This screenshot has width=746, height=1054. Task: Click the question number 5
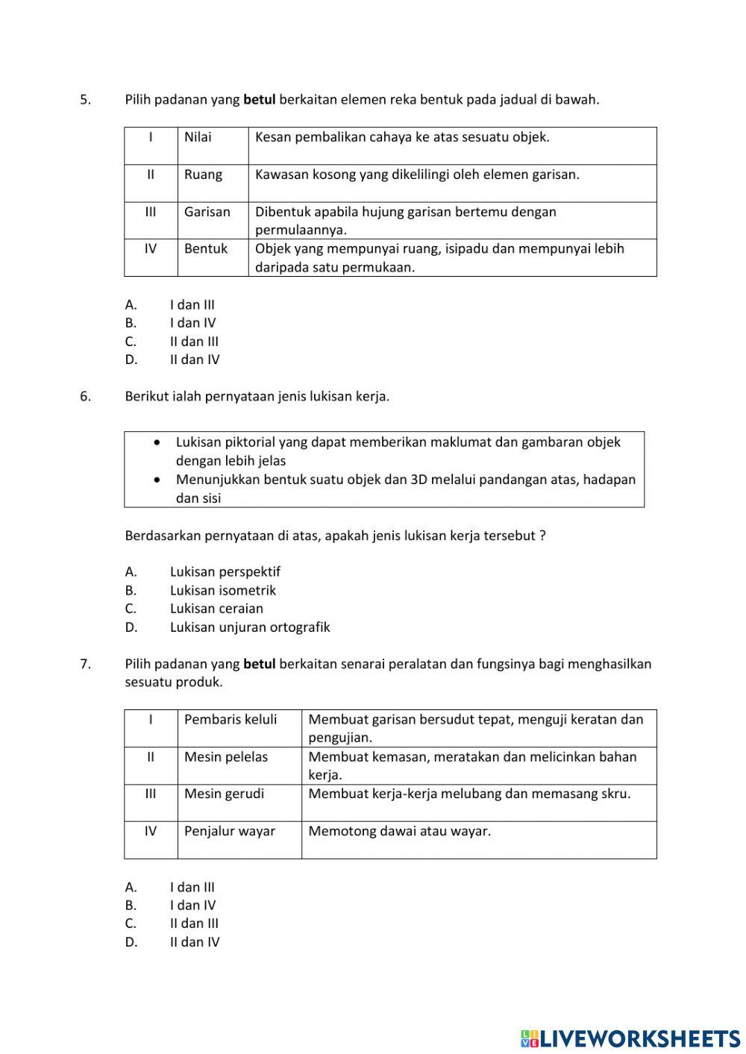click(85, 99)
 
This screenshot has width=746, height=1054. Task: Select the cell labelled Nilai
click(198, 137)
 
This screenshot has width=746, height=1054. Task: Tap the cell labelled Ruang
click(203, 175)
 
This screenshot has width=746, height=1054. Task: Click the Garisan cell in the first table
click(207, 212)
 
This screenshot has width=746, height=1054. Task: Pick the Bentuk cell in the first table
click(206, 249)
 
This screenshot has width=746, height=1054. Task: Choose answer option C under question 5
click(193, 342)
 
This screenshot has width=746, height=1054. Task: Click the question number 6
click(85, 397)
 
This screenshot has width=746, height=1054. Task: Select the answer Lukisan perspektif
click(225, 572)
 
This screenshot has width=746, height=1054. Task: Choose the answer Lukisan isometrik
click(222, 591)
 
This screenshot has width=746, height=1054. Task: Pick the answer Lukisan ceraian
click(216, 609)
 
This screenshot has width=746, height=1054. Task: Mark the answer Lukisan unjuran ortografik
click(249, 627)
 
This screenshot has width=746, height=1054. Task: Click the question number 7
click(85, 664)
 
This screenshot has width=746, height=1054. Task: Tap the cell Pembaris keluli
click(231, 720)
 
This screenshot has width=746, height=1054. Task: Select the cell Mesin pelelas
click(226, 757)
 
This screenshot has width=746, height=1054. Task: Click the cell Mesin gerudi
click(224, 794)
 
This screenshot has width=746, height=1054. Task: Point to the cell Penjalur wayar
click(230, 831)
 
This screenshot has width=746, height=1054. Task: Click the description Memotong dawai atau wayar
click(399, 831)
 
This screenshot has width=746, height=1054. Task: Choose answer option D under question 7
click(194, 942)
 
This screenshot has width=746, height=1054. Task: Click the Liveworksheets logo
click(630, 1038)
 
